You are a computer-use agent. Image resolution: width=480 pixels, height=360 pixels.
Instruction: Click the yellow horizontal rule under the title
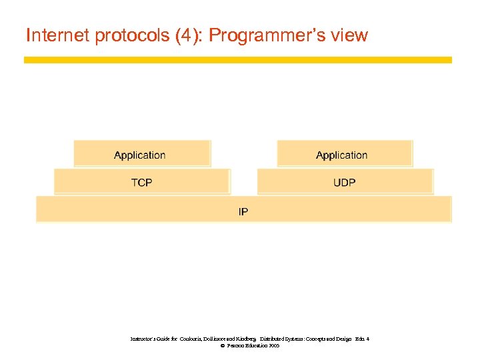point(237,60)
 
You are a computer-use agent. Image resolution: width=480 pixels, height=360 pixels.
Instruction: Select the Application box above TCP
point(142,155)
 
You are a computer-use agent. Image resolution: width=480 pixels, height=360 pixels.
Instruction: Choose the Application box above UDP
point(345,155)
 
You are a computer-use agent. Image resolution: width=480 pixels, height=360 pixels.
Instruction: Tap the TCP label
point(141,182)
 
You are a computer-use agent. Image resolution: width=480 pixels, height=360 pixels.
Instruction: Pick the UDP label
point(344,182)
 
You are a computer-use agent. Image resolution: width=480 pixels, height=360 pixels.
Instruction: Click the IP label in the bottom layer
point(243,212)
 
